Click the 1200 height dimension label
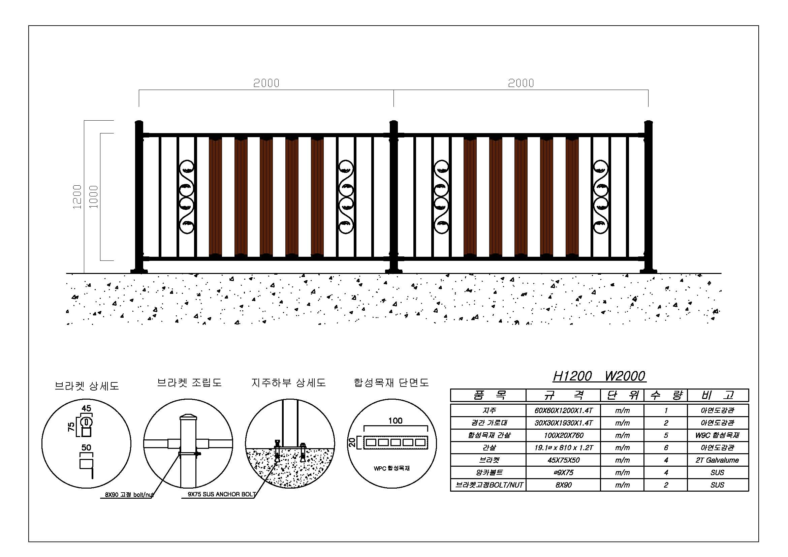(77, 197)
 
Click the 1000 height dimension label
(93, 197)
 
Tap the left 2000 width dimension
(266, 83)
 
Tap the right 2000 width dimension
(521, 83)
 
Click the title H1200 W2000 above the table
(599, 376)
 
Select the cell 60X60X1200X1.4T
(564, 410)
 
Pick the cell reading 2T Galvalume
(717, 460)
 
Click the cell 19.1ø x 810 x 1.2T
(564, 448)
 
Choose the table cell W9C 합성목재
(717, 435)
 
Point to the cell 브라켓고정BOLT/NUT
(489, 485)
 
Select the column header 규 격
(564, 395)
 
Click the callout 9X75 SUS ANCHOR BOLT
(222, 495)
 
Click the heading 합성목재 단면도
(391, 383)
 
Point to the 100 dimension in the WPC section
(396, 421)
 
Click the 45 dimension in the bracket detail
(87, 408)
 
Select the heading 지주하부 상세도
(289, 383)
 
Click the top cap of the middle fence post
(393, 122)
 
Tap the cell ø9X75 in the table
(564, 472)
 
